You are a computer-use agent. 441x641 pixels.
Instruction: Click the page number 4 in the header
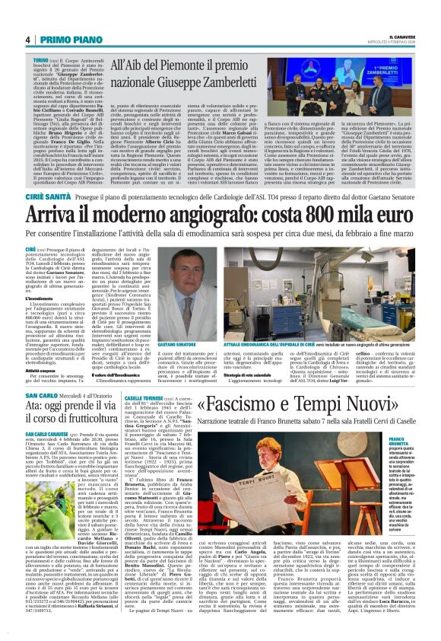pyautogui.click(x=27, y=40)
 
